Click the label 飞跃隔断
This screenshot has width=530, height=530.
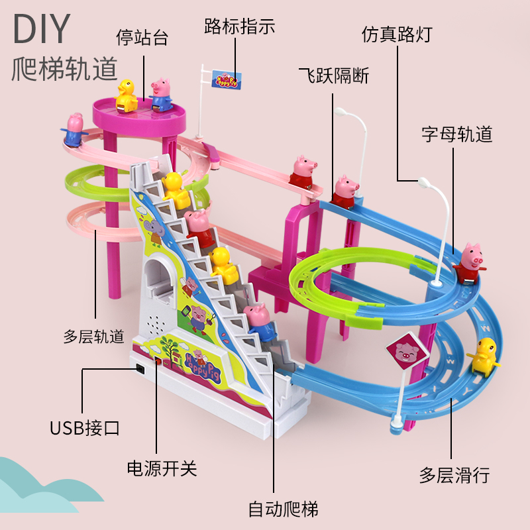[333, 76]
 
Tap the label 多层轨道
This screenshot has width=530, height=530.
[93, 337]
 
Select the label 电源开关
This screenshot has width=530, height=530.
[162, 469]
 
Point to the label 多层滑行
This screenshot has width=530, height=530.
[454, 474]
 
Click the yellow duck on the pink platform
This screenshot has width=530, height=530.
[125, 93]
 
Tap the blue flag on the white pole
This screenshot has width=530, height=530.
[227, 80]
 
